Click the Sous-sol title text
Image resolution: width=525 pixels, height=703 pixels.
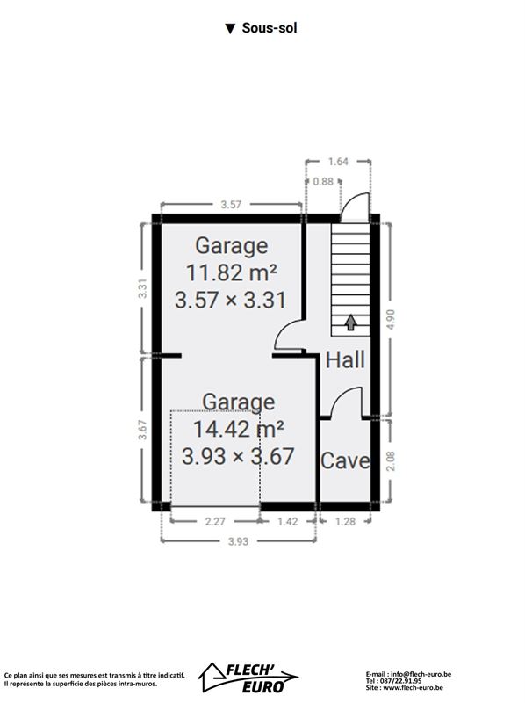pos(270,28)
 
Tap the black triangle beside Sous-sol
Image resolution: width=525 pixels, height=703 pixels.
pos(230,29)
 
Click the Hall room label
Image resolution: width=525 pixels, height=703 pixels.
pos(345,360)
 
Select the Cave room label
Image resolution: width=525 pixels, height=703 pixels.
pos(345,460)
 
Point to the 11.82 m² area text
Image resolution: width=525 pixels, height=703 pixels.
pos(231,272)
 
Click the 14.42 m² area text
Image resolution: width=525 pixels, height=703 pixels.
pos(238,429)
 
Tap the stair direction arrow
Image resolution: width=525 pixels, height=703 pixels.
pos(351,323)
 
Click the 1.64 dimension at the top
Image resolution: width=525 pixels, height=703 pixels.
pos(338,162)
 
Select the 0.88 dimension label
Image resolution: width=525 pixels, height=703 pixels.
pos(323,182)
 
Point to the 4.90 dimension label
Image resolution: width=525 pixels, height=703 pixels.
pos(391,319)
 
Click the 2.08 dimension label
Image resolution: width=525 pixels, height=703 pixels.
pos(391,460)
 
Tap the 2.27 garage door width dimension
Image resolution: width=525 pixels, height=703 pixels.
pos(215,521)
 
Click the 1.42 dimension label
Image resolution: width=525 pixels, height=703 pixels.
pos(288,521)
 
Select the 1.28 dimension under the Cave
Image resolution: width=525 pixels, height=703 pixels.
pos(345,521)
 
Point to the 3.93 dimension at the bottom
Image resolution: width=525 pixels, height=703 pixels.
pos(238,541)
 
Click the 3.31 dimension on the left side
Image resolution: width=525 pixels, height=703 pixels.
pos(142,288)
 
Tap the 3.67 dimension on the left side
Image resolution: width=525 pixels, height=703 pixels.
pos(142,429)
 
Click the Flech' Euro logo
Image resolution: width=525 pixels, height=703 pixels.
pos(248,678)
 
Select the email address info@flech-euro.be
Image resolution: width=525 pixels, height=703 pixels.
pos(421,674)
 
